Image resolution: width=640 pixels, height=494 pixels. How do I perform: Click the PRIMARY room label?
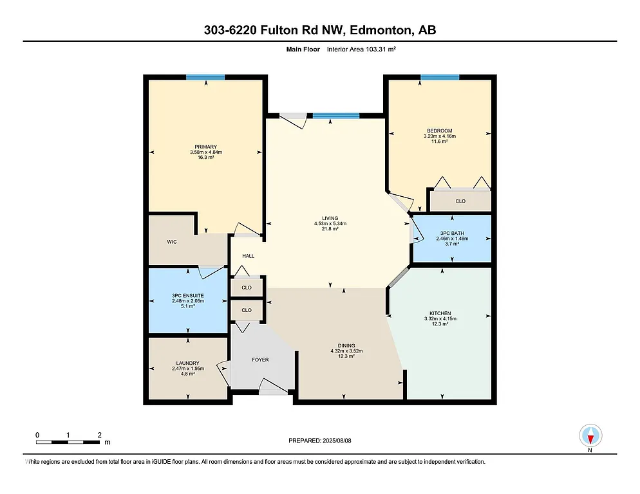pos(206,147)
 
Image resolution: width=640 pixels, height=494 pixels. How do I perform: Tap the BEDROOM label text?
pos(440,131)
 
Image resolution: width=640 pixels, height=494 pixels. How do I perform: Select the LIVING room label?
pos(330,218)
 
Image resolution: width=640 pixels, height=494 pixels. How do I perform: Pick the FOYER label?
pos(260,360)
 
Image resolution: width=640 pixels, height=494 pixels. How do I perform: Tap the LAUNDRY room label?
pos(188,363)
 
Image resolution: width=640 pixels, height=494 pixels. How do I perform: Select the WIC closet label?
pos(172,242)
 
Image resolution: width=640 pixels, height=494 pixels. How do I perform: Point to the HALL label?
pos(249,256)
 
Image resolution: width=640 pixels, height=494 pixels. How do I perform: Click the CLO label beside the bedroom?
pos(460,201)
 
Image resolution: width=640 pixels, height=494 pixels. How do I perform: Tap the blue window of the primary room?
pos(205,77)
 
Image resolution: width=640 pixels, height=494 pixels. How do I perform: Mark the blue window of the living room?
pos(335,116)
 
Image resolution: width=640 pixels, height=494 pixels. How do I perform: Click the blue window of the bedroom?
pos(440,77)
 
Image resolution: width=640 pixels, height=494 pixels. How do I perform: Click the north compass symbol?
pos(590,436)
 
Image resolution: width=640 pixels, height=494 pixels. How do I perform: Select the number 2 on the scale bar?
pos(99,435)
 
